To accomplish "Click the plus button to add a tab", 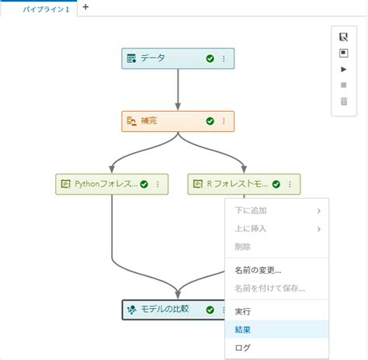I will pyautogui.click(x=85, y=7).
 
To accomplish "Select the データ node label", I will pyautogui.click(x=153, y=58).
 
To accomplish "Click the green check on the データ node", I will pyautogui.click(x=210, y=58).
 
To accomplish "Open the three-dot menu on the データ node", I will pyautogui.click(x=224, y=58).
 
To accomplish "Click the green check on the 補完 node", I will pyautogui.click(x=210, y=121).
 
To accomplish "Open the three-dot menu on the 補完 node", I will pyautogui.click(x=224, y=121).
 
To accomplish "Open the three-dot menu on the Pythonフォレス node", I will pyautogui.click(x=158, y=184).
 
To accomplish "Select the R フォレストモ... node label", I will pyautogui.click(x=238, y=184).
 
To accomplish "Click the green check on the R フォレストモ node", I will pyautogui.click(x=276, y=184).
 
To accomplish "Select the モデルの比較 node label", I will pyautogui.click(x=164, y=310).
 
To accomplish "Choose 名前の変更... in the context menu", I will pyautogui.click(x=258, y=271).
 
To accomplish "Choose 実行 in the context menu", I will pyautogui.click(x=243, y=311).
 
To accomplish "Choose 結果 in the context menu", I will pyautogui.click(x=243, y=330).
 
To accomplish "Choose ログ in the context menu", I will pyautogui.click(x=242, y=348).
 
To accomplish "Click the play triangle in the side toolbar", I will pyautogui.click(x=344, y=69).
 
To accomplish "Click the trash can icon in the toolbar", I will pyautogui.click(x=344, y=102).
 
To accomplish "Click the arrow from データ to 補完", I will pyautogui.click(x=179, y=89).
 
